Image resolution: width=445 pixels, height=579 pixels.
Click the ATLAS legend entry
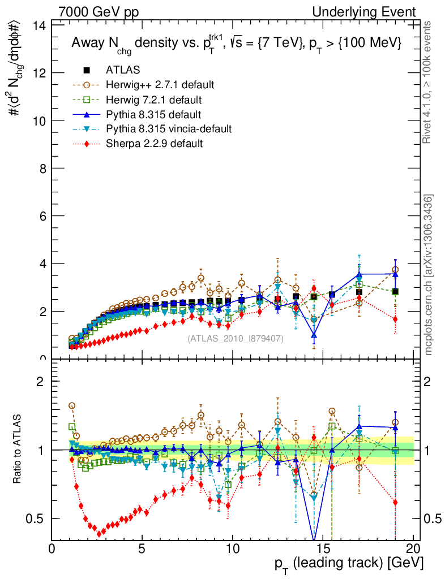pyautogui.click(x=122, y=70)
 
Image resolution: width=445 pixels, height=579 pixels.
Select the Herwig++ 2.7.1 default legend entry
pyautogui.click(x=160, y=85)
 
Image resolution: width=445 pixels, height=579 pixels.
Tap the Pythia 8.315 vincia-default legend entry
pyautogui.click(x=168, y=129)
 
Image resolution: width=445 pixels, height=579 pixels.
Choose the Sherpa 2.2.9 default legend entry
pyautogui.click(x=154, y=144)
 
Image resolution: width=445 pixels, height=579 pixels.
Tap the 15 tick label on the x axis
pyautogui.click(x=323, y=548)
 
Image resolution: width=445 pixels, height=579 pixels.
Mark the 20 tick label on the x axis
pyautogui.click(x=413, y=548)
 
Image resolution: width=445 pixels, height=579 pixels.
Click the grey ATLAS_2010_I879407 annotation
pyautogui.click(x=236, y=339)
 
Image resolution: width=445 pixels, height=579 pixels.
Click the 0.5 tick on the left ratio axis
pyautogui.click(x=39, y=518)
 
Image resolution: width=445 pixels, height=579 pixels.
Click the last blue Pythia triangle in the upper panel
pyautogui.click(x=395, y=274)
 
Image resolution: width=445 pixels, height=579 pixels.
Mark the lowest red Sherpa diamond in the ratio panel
pyautogui.click(x=100, y=533)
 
